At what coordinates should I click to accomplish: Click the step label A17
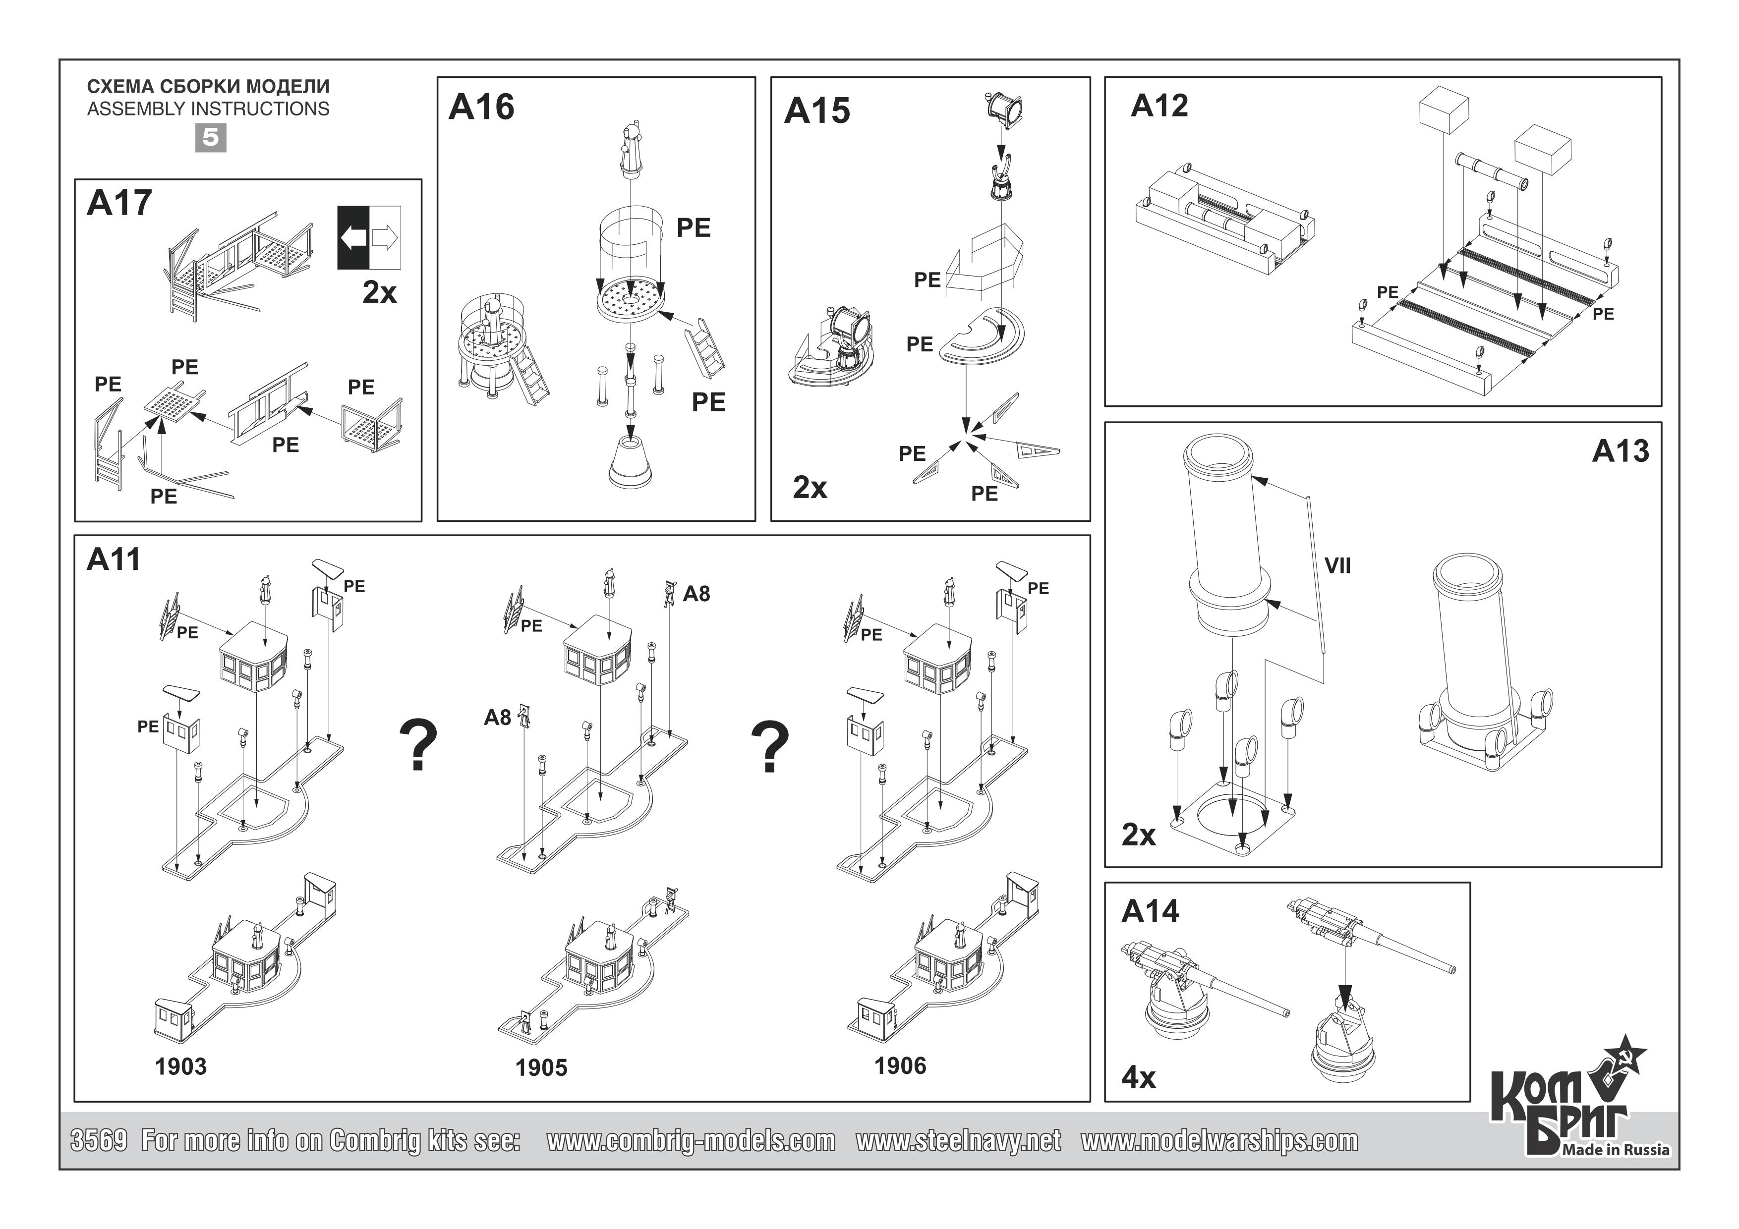(119, 203)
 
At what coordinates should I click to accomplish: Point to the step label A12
(1159, 106)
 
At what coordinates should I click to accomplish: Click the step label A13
(1620, 451)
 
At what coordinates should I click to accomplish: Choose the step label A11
(114, 559)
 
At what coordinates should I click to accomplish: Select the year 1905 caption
(541, 1068)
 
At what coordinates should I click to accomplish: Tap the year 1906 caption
(900, 1065)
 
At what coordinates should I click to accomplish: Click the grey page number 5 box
(211, 138)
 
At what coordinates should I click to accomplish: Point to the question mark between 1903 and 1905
(418, 745)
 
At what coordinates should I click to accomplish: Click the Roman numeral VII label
(1337, 565)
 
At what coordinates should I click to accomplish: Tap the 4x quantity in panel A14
(1138, 1077)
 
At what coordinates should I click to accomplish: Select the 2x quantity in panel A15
(810, 488)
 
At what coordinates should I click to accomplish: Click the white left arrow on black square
(353, 238)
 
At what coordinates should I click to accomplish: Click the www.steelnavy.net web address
(958, 1140)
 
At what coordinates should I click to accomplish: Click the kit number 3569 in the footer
(99, 1140)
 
